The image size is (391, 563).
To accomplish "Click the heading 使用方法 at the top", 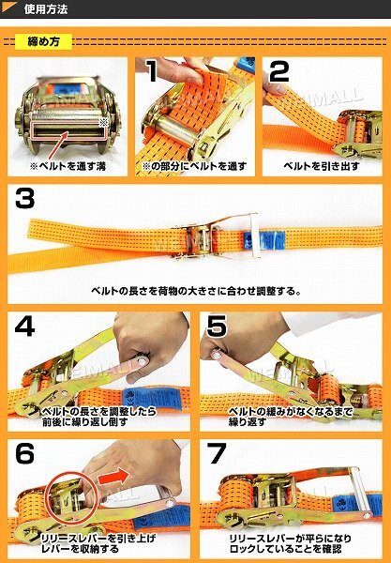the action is click(x=46, y=9).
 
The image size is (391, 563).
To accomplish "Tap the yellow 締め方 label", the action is click(x=43, y=41).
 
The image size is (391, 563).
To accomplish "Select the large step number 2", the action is click(x=279, y=71).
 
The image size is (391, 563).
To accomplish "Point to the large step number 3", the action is click(x=24, y=198).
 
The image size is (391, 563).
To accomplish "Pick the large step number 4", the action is click(x=24, y=326).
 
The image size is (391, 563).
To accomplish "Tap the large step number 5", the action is click(x=217, y=326).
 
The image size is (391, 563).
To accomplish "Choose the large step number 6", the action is click(x=24, y=453).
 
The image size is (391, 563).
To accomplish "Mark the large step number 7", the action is click(x=217, y=453).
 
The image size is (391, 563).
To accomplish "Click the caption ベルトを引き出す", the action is click(x=322, y=166).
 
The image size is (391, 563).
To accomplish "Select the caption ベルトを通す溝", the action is click(x=68, y=166).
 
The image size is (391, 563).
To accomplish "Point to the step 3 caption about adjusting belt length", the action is click(x=195, y=291).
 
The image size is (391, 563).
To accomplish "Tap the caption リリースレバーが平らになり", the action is click(x=290, y=539).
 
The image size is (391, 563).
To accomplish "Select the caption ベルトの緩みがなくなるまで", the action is click(x=290, y=412).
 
